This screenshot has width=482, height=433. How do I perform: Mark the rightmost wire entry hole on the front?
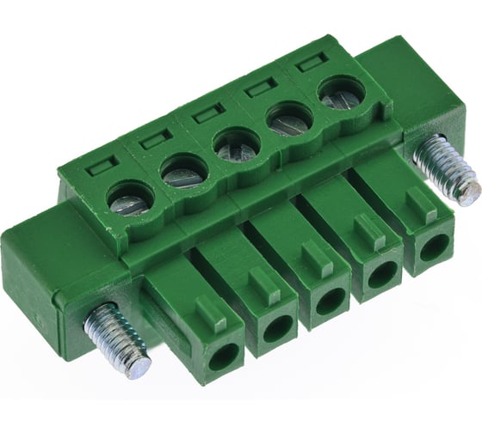[x=433, y=247]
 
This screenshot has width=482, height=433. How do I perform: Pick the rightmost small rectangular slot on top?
[x=306, y=65]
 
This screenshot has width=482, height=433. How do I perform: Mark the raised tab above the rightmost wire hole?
[x=420, y=206]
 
